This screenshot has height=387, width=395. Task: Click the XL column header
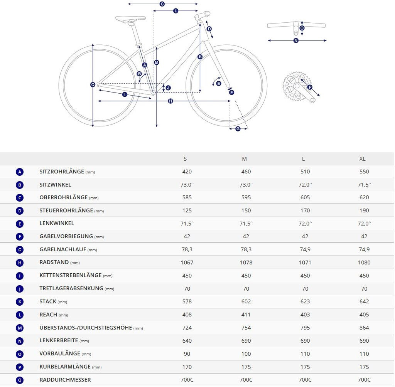(362, 159)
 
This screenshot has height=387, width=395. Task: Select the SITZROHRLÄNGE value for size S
(187, 172)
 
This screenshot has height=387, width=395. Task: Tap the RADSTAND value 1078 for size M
(246, 262)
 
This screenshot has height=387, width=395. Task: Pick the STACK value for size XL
(364, 302)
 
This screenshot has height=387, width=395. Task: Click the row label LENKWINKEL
(57, 224)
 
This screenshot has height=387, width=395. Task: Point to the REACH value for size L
(305, 315)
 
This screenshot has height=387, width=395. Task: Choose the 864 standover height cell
(364, 328)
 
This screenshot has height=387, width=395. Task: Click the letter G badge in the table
(20, 250)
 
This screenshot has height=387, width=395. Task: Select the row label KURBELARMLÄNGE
(65, 367)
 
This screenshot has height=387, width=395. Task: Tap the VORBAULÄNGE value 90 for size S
(187, 354)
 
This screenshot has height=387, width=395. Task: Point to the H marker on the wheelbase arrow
(170, 101)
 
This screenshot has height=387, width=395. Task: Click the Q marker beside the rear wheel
(93, 85)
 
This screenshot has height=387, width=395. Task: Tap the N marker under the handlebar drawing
(296, 40)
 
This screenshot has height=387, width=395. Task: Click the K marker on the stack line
(200, 57)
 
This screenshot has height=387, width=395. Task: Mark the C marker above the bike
(162, 4)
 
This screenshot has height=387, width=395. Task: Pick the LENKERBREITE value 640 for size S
(187, 341)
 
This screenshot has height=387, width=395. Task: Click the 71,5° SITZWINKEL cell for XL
(364, 185)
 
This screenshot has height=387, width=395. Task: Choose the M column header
(244, 159)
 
